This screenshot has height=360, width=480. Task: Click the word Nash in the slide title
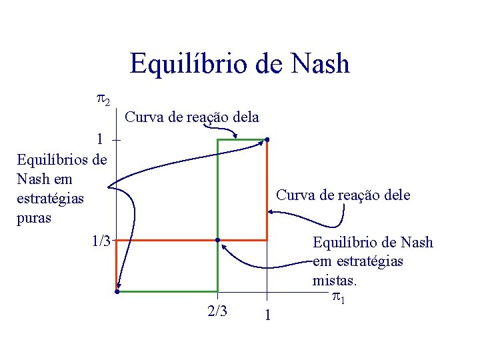tap(319, 64)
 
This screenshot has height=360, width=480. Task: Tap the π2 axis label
tap(103, 101)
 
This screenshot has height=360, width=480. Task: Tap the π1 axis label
tap(339, 298)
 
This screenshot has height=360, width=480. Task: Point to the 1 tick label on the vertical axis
tap(99, 139)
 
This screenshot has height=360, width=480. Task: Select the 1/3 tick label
tap(101, 241)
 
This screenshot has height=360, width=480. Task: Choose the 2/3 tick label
tap(217, 311)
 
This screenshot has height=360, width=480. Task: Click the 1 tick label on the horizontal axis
tap(267, 315)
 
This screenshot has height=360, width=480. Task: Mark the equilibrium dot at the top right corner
tap(267, 140)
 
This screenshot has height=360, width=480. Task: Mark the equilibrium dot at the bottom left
tap(116, 291)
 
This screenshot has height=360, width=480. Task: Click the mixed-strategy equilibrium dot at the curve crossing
tap(217, 240)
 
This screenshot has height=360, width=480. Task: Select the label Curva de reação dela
tap(192, 117)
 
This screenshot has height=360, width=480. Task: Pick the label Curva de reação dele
tap(343, 195)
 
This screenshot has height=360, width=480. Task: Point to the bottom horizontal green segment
tap(167, 291)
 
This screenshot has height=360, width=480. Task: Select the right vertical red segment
tap(267, 190)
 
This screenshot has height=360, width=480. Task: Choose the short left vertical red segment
tap(116, 265)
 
